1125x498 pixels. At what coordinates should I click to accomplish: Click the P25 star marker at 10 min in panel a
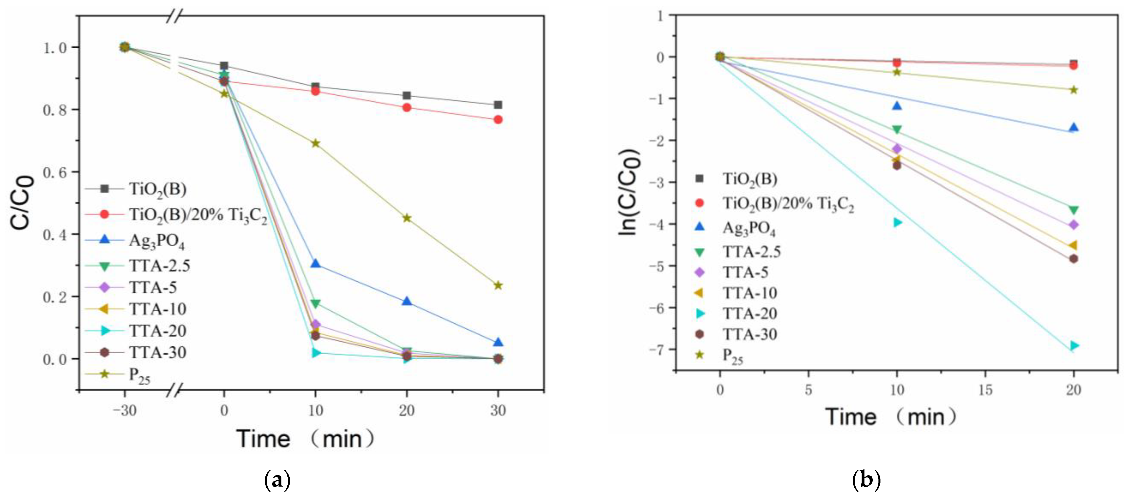tap(315, 144)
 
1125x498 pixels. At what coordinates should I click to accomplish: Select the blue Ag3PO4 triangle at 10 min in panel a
tap(315, 264)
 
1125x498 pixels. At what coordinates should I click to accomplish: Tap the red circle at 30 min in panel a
tap(498, 120)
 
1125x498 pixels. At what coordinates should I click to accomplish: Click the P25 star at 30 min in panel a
tap(498, 285)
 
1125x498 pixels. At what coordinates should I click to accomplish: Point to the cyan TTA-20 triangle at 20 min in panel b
tap(1074, 346)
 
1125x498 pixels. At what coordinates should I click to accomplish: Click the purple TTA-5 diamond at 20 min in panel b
tap(1074, 225)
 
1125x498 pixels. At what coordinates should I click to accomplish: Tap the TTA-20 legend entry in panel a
tap(157, 331)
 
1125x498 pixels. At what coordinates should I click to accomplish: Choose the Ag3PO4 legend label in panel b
tap(749, 228)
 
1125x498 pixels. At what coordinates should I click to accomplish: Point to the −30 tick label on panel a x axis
tap(125, 411)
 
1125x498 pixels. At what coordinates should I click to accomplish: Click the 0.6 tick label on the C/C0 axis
tap(55, 172)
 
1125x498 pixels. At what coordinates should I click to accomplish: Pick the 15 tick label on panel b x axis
tap(985, 390)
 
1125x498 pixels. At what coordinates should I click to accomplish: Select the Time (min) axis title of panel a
tap(305, 439)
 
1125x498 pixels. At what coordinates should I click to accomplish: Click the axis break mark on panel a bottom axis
tap(174, 390)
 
